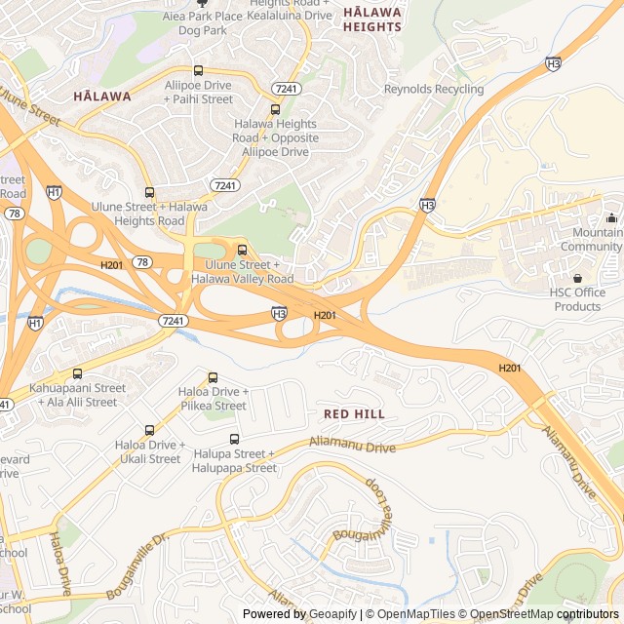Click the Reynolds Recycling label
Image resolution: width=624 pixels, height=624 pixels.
click(434, 89)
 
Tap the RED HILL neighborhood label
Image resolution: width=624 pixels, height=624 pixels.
click(354, 414)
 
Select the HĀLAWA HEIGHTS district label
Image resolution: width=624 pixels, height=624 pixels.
click(372, 19)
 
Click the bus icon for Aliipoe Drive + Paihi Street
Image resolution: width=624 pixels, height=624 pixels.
click(199, 70)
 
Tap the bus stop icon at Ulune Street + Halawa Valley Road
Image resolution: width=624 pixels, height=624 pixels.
click(243, 250)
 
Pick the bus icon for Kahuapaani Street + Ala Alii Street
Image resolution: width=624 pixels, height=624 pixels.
click(77, 373)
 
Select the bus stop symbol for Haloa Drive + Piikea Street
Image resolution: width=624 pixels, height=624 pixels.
click(213, 377)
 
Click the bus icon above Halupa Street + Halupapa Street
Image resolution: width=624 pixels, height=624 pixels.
click(234, 439)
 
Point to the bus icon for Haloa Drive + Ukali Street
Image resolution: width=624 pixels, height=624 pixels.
click(149, 430)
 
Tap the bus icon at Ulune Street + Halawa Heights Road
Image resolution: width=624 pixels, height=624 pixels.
click(149, 192)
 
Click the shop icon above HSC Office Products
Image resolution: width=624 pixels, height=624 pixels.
click(577, 278)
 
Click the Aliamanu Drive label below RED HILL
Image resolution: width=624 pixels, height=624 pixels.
click(352, 445)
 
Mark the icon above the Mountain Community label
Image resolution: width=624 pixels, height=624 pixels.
click(611, 217)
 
